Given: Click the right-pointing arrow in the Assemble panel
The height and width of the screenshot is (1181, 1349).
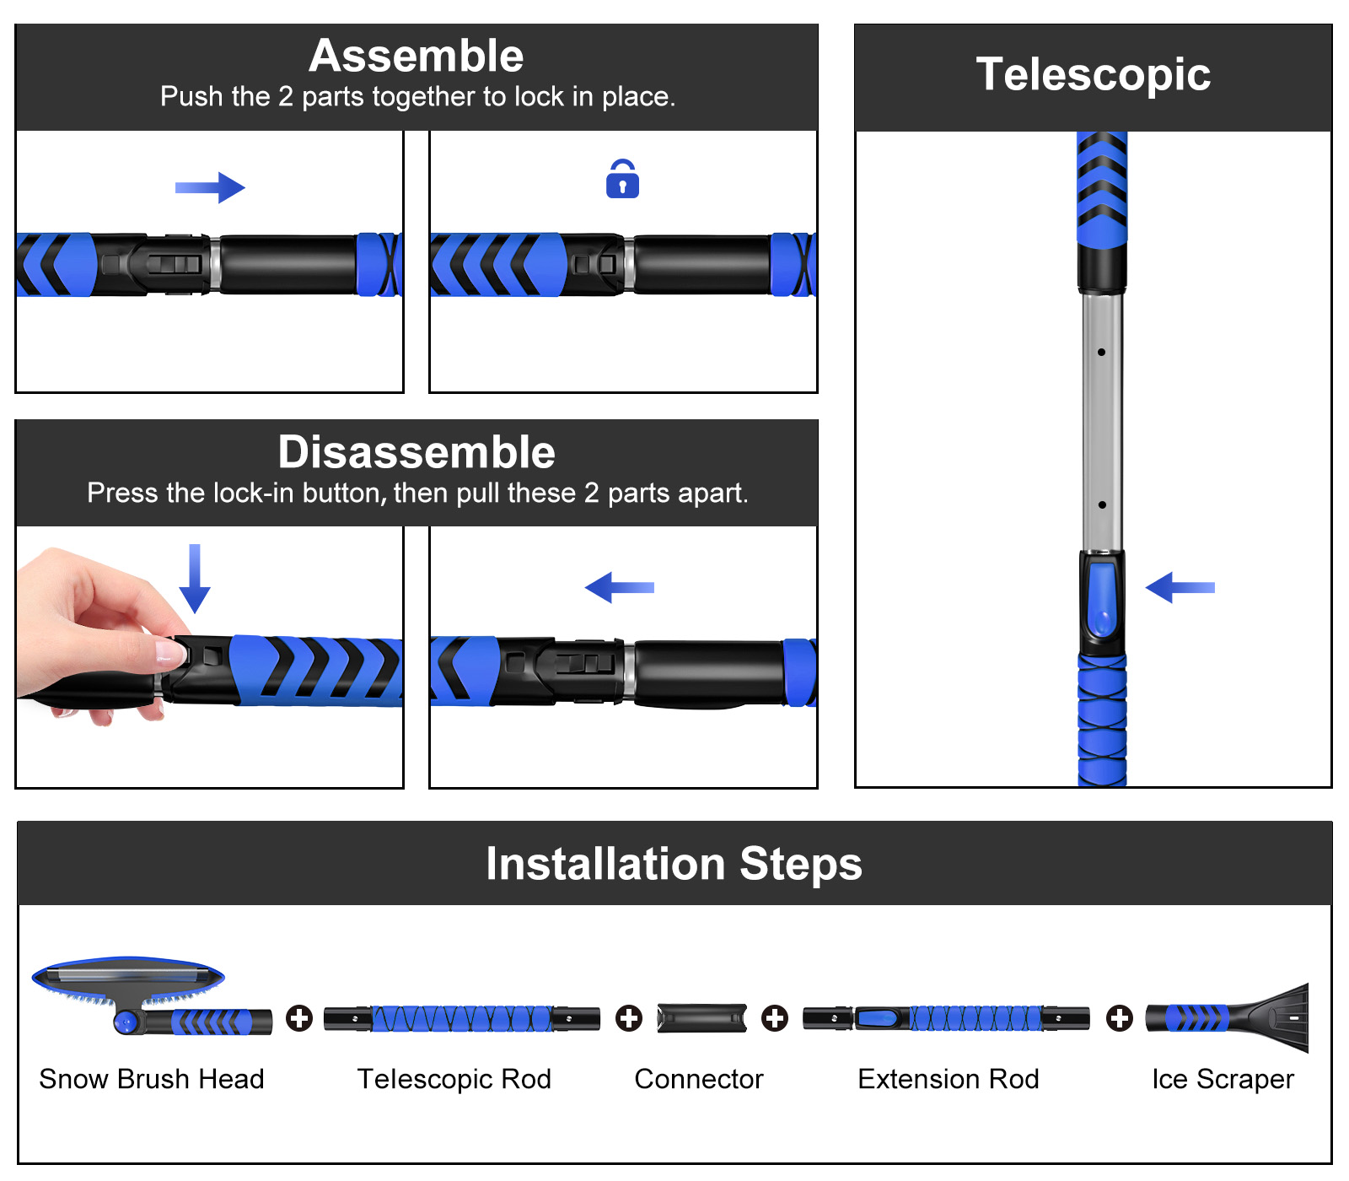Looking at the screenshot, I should [x=210, y=187].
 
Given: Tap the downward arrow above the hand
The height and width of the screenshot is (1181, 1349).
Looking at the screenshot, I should [x=195, y=579].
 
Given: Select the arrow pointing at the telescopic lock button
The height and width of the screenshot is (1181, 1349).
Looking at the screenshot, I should [x=1180, y=587].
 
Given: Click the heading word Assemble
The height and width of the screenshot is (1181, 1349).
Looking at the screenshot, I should [x=417, y=57].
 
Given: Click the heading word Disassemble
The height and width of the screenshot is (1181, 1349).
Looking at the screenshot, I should [x=417, y=453].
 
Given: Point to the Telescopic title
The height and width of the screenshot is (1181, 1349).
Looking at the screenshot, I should [x=1093, y=75].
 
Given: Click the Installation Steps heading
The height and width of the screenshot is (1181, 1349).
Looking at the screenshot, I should [x=674, y=864].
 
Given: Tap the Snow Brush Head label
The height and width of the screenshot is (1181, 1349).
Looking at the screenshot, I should [x=152, y=1079].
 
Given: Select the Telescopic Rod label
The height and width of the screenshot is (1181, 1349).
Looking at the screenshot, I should [x=454, y=1079].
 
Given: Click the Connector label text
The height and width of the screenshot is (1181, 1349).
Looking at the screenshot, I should [x=698, y=1079].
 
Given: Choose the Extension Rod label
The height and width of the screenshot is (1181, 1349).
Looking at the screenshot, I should [x=948, y=1079].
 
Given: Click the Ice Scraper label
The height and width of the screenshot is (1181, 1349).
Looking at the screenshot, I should [x=1223, y=1079].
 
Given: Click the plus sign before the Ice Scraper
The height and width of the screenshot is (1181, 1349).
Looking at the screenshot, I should [x=1119, y=1018].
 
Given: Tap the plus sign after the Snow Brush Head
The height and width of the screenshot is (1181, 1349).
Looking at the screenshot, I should [x=298, y=1018].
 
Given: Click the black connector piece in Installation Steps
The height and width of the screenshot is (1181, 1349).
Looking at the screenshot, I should [x=701, y=1018].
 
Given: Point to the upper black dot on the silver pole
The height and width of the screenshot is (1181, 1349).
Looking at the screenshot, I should [x=1101, y=352].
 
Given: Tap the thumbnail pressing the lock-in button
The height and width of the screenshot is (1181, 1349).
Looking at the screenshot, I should [x=171, y=652].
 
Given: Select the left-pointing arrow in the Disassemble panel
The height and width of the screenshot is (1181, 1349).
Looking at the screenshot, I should [x=620, y=587].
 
